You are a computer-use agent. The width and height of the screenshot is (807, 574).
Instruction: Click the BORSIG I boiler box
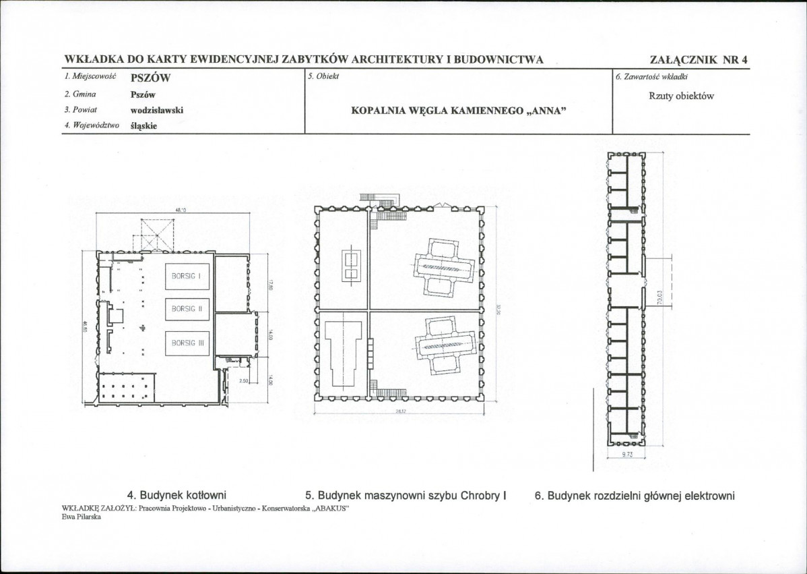(187, 275)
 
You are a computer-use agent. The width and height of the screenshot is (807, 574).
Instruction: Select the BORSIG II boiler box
(187, 309)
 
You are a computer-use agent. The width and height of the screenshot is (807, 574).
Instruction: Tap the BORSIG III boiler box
(187, 343)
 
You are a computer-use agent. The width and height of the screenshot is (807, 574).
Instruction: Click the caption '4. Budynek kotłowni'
(176, 496)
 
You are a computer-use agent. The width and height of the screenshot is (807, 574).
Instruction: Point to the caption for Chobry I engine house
(406, 496)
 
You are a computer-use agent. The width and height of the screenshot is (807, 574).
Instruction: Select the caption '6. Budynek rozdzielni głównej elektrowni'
(634, 496)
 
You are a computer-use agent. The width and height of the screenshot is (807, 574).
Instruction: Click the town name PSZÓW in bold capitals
(150, 78)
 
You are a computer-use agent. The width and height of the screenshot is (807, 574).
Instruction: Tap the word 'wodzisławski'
(156, 110)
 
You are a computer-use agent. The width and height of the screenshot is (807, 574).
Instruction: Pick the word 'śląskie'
(143, 125)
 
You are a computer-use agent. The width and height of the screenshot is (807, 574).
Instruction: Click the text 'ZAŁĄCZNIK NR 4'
(699, 59)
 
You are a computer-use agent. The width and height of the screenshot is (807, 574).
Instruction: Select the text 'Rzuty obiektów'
(681, 96)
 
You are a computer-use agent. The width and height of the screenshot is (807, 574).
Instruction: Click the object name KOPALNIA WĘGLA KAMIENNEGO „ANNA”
(458, 111)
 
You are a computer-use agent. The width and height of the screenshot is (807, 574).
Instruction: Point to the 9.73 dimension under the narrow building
(626, 455)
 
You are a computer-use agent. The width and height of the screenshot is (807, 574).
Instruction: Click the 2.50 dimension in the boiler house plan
(244, 381)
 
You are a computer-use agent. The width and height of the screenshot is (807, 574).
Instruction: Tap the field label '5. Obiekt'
(323, 76)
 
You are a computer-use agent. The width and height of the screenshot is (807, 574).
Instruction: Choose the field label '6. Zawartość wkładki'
(651, 76)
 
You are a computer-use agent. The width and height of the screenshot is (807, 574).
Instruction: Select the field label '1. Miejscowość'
(91, 77)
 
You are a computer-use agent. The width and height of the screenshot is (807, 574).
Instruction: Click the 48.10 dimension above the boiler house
(180, 210)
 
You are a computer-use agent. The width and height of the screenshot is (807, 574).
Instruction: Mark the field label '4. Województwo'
(92, 125)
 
